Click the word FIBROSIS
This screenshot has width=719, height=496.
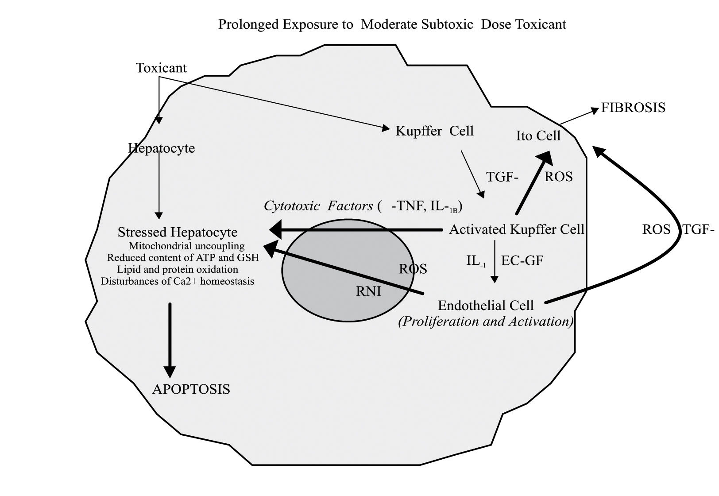tap(633, 108)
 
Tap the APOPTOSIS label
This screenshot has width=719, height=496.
tap(191, 389)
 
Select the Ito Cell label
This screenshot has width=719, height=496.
tap(538, 136)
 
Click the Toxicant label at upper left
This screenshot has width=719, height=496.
tap(161, 68)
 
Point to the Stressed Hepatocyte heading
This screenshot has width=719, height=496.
tap(178, 232)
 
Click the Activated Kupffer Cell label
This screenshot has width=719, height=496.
tap(517, 229)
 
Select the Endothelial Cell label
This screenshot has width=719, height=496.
tap(486, 306)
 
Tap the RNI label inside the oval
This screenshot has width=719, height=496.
tap(368, 291)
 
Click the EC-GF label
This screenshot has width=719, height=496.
tap(522, 260)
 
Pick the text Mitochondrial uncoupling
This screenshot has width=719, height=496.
tap(186, 246)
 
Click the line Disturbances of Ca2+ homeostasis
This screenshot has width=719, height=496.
tap(178, 281)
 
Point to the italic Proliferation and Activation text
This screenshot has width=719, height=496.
tap(486, 321)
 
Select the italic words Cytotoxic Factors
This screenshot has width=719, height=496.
tap(318, 206)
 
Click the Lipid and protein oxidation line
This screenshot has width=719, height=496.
tap(178, 269)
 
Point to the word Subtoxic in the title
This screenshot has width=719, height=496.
tap(450, 24)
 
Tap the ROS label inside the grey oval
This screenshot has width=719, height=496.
tap(413, 269)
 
